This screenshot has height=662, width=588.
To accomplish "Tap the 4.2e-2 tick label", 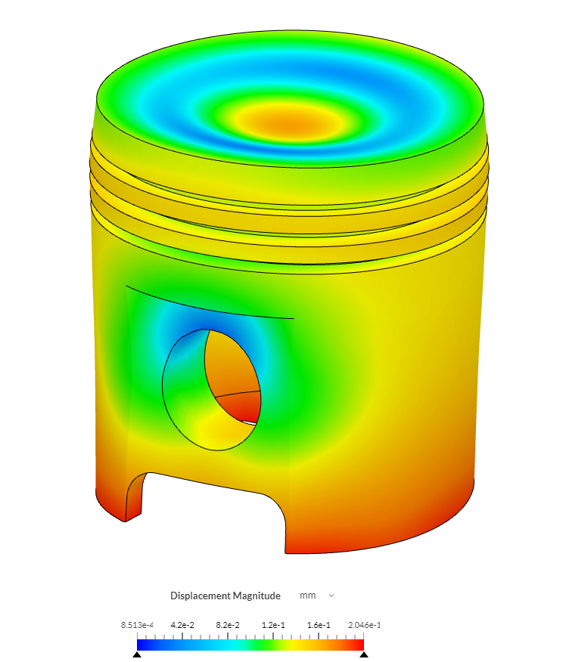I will coord(182,625).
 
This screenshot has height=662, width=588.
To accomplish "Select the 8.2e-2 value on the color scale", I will coord(228,625).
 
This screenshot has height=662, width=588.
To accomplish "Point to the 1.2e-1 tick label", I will coord(273,625).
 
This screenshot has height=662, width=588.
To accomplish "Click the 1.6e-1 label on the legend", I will coord(319,625).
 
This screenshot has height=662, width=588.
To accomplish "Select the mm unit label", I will coord(307,595).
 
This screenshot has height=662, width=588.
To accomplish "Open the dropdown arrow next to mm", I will coord(331,595).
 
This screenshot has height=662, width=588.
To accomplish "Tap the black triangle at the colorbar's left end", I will coord(137,655).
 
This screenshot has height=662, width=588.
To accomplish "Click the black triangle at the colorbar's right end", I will coord(364,655).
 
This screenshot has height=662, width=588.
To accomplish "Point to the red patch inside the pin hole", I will coord(247,410).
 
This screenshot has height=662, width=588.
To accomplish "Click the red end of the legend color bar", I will coord(359,644).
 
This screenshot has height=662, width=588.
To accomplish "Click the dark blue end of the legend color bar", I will coord(142,644).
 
